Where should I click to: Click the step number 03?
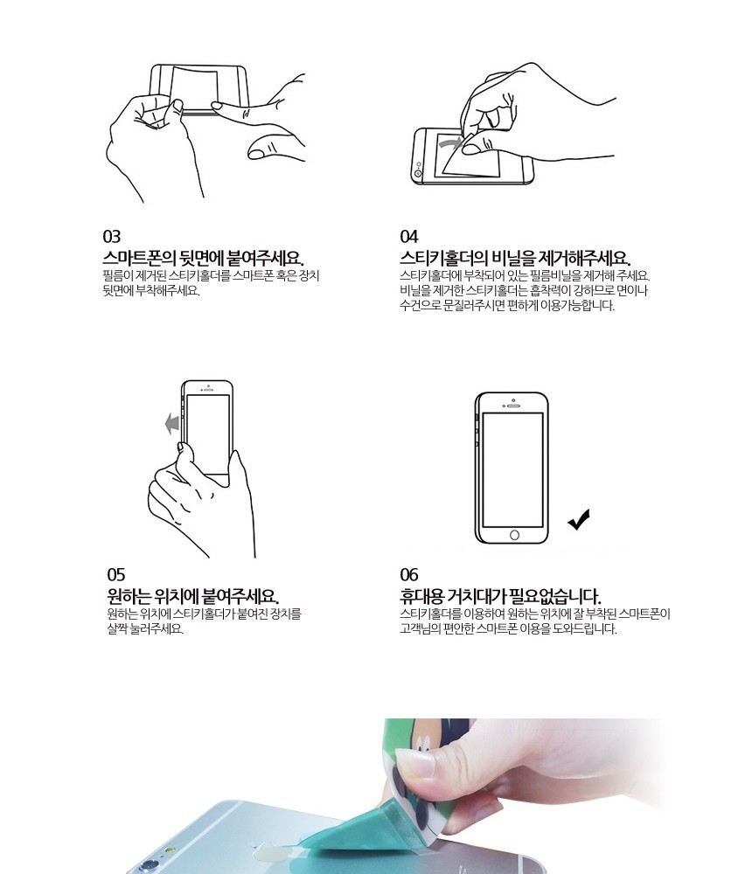(112, 236)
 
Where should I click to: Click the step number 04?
(409, 236)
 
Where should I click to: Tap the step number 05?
(116, 575)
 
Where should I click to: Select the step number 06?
(409, 575)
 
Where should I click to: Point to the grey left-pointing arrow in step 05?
(172, 424)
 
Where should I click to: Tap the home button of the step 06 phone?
(514, 535)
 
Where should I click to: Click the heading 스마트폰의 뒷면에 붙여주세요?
(204, 258)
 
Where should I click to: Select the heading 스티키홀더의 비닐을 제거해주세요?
(515, 258)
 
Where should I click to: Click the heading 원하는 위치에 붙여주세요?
(193, 596)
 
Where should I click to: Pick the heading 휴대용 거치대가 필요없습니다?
(500, 596)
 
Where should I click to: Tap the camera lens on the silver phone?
(149, 865)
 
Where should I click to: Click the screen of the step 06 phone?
(512, 469)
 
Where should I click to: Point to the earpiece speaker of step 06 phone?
(513, 406)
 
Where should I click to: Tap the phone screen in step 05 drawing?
(207, 434)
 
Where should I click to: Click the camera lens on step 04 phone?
(418, 174)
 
